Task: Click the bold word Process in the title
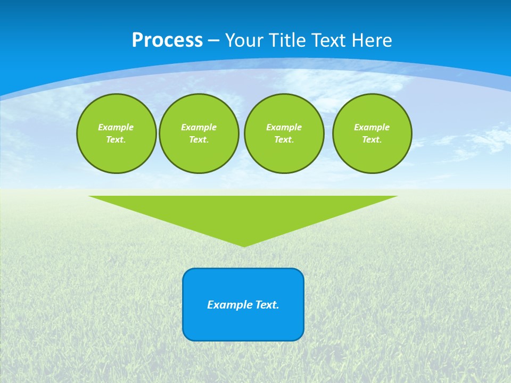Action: pyautogui.click(x=167, y=40)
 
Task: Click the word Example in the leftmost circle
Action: pyautogui.click(x=116, y=127)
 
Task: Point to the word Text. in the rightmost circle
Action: pyautogui.click(x=372, y=139)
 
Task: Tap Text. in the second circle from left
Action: pyautogui.click(x=199, y=139)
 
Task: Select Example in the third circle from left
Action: pyautogui.click(x=284, y=127)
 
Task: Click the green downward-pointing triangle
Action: pyautogui.click(x=243, y=213)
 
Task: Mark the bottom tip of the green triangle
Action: pyautogui.click(x=244, y=245)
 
